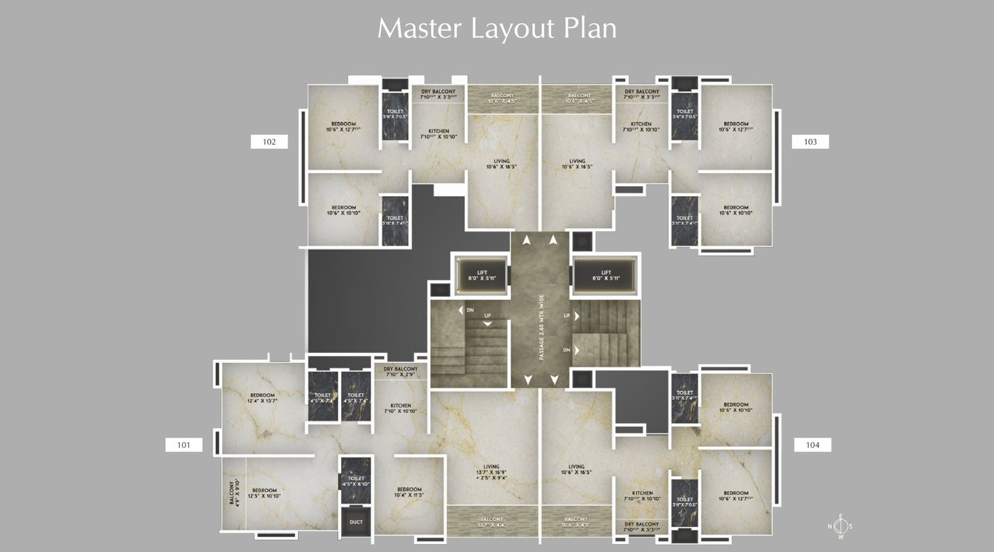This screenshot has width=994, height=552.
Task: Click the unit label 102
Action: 269,142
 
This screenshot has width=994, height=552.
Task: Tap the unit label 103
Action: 810,142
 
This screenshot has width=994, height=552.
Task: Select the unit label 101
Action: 183,445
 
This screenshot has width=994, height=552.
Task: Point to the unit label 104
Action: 813,445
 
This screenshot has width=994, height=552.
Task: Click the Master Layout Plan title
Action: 497,29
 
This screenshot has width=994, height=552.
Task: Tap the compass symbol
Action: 840,527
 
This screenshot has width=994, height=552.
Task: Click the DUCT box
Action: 356,522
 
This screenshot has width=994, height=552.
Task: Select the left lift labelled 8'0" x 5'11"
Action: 482,275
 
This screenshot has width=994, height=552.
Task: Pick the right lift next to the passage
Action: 606,275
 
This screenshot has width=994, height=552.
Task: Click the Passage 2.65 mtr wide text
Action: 541,327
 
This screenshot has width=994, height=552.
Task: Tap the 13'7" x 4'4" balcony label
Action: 491,522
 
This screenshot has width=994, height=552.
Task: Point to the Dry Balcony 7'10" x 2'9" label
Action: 401,371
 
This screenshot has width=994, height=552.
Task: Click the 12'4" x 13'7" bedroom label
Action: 262,398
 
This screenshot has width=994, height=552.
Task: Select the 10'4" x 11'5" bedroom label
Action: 409,492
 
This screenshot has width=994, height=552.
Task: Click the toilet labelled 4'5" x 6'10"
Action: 356,481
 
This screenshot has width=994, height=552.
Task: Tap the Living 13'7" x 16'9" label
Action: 491,472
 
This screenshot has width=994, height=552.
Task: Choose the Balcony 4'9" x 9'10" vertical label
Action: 234,492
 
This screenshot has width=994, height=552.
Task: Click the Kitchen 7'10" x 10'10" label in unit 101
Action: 401,407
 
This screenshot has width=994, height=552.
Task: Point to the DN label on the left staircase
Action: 470,310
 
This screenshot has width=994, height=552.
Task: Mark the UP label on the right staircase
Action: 567,316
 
